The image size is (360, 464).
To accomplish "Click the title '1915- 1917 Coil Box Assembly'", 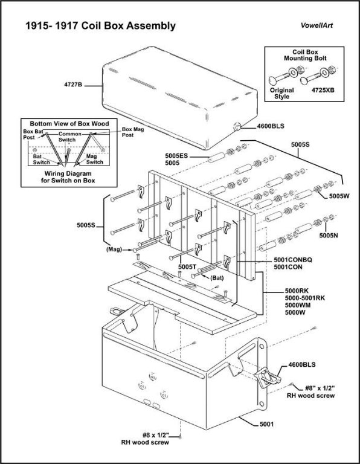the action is pos(101,26).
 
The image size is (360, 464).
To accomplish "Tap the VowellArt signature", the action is pos(317,25).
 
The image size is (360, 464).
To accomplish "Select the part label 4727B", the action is pos(72,85).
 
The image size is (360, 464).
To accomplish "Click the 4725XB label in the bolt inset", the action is pos(323,90).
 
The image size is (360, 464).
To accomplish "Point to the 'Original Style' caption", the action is pos(281,93).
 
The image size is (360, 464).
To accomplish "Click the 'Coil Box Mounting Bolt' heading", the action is pos(305,55).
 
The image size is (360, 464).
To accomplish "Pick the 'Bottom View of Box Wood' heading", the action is pos(69,124).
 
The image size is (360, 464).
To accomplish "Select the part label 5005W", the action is pos(339,196).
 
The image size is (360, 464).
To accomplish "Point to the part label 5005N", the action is pos(329,236).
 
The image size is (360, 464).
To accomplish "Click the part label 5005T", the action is pos(187,266).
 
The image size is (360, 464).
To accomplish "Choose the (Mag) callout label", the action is pos(114,250).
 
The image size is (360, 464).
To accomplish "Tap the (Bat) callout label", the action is pos(217,278).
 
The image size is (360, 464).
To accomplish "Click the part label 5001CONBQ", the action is pos(292,260).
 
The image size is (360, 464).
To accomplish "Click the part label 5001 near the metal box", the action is pos(266,424).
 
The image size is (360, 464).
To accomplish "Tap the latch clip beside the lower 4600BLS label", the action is pos(268,377).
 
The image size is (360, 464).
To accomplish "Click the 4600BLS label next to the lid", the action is pos(271,126).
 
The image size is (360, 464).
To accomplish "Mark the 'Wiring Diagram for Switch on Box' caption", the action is pos(68,177).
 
